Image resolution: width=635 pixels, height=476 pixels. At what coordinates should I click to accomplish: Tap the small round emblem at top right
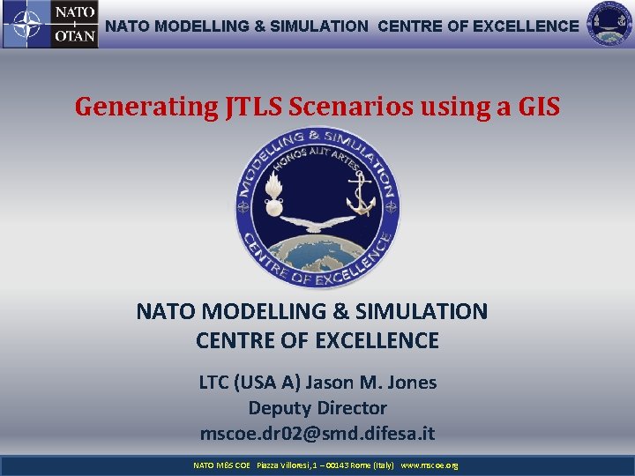point(610,25)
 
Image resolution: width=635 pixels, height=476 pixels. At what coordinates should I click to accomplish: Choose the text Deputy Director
point(317,408)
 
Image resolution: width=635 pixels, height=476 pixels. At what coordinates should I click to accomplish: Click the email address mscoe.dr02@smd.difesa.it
point(317,434)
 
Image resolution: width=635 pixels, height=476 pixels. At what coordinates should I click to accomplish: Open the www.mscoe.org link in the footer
point(430,465)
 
